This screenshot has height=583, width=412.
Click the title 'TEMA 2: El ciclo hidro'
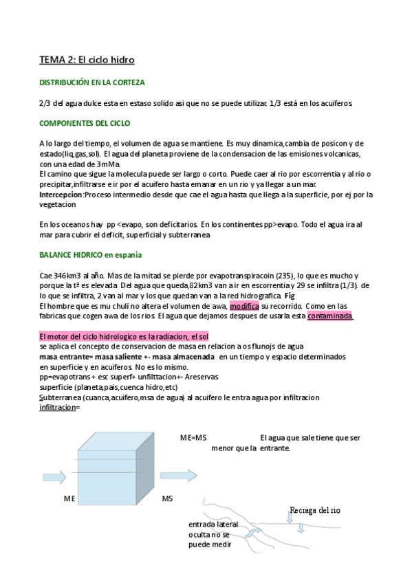pos(86,60)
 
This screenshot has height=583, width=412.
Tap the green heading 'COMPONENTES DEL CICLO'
pos(85,123)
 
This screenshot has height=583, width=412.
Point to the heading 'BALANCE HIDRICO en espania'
pos(91,255)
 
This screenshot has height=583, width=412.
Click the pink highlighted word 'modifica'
pos(243,306)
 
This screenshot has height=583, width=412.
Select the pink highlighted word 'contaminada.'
pos(330,316)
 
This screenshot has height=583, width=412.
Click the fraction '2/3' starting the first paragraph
pos(45,103)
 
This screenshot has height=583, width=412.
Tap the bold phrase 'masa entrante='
pos(67,357)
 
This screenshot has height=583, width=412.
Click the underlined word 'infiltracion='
pos(60,407)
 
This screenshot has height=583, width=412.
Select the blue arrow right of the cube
pos(177,476)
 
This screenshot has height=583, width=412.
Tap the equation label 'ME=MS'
pos(193,438)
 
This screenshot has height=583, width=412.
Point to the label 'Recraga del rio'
pos(315,511)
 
